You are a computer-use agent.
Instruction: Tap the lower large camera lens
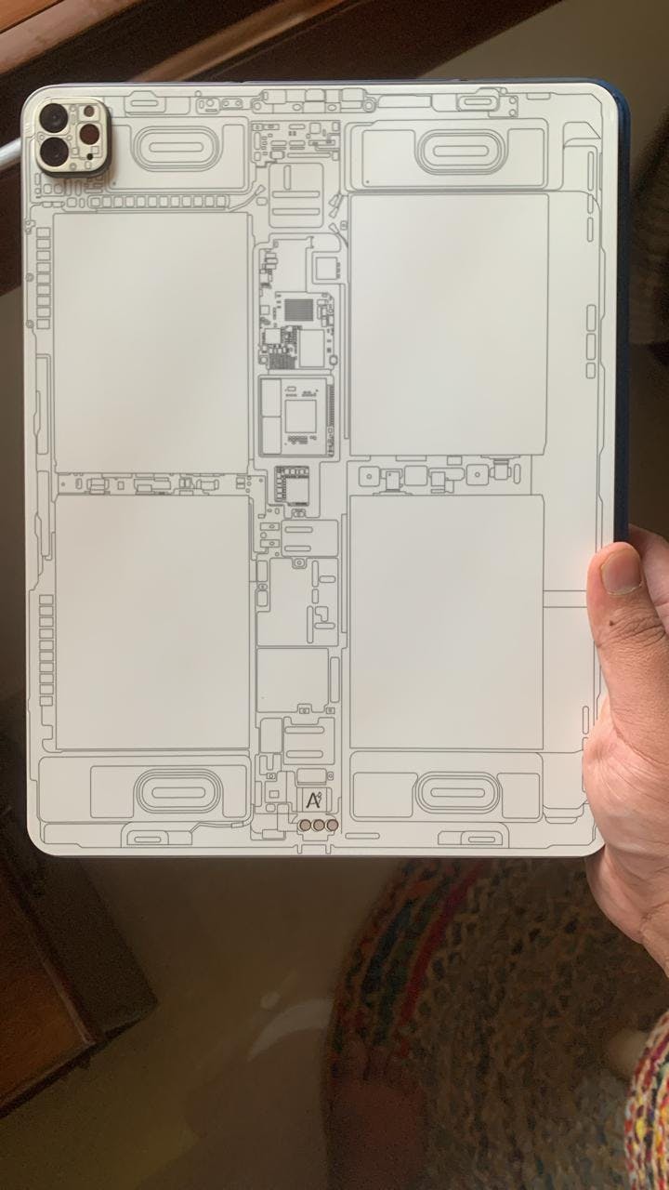click(54, 152)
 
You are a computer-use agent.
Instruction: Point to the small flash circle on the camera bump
click(88, 111)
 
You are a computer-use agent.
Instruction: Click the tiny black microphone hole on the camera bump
click(89, 156)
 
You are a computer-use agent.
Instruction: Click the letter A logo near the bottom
click(314, 800)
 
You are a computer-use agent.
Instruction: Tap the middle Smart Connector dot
click(319, 825)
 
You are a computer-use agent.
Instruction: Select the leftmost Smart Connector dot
click(306, 825)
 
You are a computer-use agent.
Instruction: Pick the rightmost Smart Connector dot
click(332, 825)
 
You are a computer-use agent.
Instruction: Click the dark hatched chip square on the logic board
click(299, 310)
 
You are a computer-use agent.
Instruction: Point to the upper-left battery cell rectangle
click(151, 343)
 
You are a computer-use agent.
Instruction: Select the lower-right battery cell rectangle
click(447, 622)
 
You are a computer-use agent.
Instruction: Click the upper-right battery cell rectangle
click(449, 324)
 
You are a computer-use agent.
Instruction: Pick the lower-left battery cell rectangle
click(151, 622)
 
